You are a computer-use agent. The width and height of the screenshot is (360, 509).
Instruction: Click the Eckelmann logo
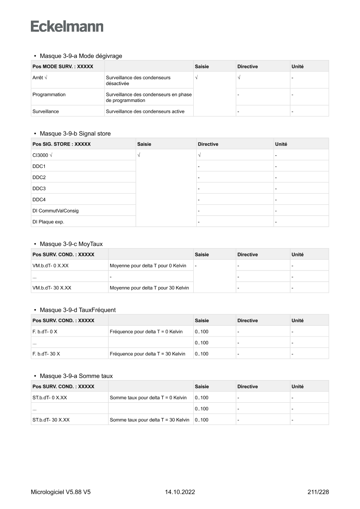tap(67, 26)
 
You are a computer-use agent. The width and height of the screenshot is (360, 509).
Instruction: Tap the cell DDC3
tap(39, 189)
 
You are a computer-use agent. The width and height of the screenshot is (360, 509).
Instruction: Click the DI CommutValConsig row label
tap(55, 211)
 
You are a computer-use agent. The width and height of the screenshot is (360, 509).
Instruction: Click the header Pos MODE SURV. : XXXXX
tap(62, 67)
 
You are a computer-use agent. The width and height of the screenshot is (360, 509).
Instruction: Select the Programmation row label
tap(49, 94)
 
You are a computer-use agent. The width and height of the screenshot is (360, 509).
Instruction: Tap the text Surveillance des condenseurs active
tap(145, 111)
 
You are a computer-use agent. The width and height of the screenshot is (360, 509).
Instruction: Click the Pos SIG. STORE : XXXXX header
tap(61, 144)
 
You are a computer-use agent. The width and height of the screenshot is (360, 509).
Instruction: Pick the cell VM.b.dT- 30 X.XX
tap(52, 287)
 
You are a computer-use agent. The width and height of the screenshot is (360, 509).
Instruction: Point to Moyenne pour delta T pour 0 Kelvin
tap(148, 265)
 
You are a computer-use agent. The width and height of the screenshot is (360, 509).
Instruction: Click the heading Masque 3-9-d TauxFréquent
tap(77, 310)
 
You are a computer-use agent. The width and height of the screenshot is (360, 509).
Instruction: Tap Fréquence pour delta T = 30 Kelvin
tap(148, 354)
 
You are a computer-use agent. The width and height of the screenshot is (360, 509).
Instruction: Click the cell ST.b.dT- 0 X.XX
tap(50, 398)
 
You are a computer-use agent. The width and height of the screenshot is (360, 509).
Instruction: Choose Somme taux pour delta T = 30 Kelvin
tap(149, 420)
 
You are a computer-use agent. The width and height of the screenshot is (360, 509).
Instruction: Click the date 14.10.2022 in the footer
tap(180, 492)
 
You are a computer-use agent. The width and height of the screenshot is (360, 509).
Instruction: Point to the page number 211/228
tap(318, 492)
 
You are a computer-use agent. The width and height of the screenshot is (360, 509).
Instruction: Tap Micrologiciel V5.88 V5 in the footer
tap(61, 492)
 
